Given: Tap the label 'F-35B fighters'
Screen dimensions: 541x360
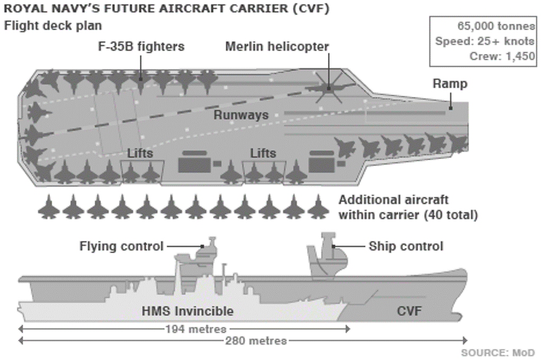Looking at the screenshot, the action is (141, 46).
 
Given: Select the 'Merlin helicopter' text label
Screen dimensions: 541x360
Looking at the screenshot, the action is (277, 46).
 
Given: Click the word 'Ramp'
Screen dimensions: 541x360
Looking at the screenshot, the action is (450, 84).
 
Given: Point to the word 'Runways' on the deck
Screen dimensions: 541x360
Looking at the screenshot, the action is (241, 115).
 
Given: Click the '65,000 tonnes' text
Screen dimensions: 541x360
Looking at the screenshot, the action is (496, 26).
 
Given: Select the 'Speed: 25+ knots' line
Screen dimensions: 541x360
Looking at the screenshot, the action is (485, 41).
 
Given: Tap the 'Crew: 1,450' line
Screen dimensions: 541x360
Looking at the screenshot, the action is (502, 56).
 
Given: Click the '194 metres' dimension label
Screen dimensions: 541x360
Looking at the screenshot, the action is (195, 329).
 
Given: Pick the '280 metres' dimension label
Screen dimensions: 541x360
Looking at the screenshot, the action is (256, 341).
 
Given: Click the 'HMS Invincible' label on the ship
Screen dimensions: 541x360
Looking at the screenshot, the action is (188, 311).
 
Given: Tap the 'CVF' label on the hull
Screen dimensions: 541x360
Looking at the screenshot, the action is (409, 311).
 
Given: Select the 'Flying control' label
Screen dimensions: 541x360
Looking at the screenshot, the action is (122, 246).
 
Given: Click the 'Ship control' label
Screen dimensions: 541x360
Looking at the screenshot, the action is (406, 246).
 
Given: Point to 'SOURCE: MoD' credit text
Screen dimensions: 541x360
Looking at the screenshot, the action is (498, 353).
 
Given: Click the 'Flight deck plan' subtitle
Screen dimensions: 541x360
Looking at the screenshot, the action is (53, 25).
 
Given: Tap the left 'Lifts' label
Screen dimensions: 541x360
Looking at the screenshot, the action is (140, 153).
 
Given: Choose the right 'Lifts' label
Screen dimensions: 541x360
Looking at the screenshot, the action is (263, 153).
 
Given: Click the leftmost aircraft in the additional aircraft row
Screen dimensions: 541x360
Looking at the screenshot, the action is (49, 207).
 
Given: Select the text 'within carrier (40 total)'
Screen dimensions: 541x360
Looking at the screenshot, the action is (408, 215).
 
